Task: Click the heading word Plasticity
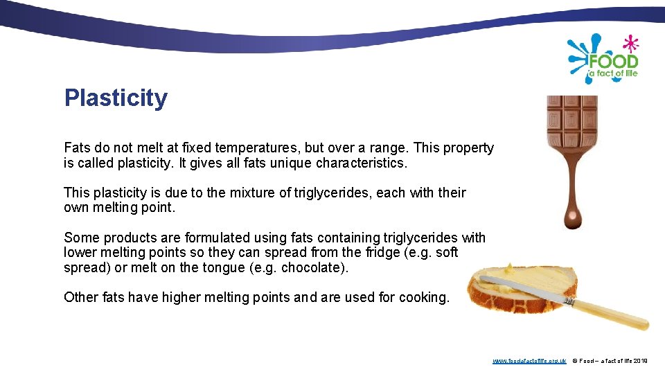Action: pyautogui.click(x=116, y=98)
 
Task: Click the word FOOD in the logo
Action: pyautogui.click(x=613, y=60)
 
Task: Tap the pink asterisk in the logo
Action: pyautogui.click(x=630, y=44)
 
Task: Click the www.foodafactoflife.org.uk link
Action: pyautogui.click(x=529, y=361)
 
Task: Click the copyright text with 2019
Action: pyautogui.click(x=610, y=361)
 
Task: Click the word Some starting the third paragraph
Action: pyautogui.click(x=81, y=238)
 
